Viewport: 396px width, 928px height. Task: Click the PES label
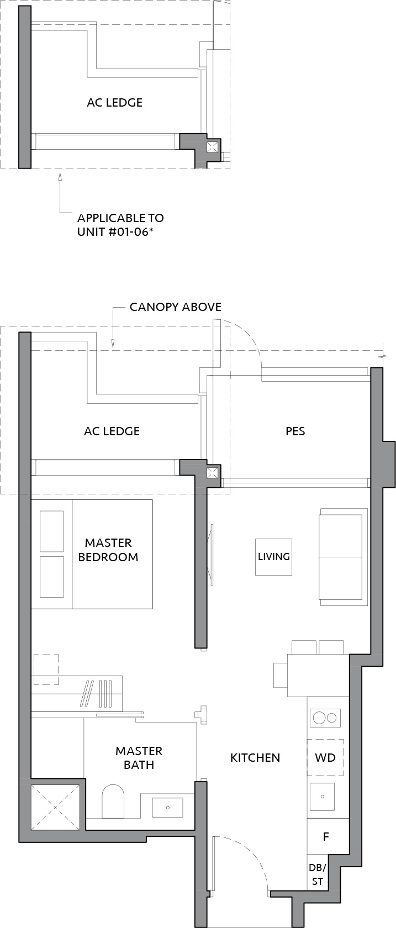point(295,431)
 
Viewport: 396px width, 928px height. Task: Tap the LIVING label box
point(273,557)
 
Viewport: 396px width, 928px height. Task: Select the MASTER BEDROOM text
point(108,550)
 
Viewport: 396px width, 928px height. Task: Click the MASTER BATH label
point(139,758)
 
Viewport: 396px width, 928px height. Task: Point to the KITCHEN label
point(255,758)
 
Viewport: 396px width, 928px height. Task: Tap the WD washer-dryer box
point(325,757)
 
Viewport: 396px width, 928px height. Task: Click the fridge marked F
point(326,836)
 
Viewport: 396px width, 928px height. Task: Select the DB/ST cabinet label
point(318,874)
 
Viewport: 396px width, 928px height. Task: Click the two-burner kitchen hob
point(325,718)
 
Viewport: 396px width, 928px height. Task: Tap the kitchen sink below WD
point(323,797)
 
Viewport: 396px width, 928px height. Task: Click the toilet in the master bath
point(113,801)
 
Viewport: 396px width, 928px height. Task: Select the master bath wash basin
point(168,808)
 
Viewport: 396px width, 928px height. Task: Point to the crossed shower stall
point(55,808)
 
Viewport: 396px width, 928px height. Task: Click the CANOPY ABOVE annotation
point(176,307)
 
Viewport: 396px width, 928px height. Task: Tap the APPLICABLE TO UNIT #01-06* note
point(120,225)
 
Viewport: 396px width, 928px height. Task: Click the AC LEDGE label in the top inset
point(115,103)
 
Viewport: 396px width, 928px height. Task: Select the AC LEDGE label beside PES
point(112,431)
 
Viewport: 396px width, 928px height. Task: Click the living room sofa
point(343,557)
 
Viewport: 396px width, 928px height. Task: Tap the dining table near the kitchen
point(318,675)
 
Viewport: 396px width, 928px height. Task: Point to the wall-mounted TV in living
point(211,555)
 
